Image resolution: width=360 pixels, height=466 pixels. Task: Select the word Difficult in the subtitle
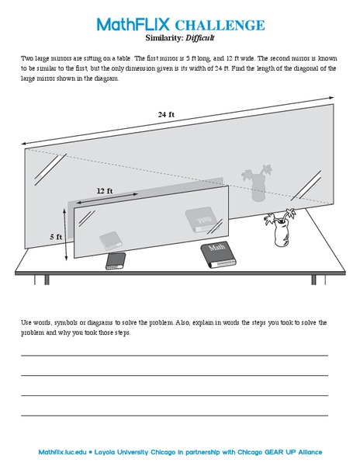tap(199, 37)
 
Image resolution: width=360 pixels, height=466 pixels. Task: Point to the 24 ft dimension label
tap(166, 115)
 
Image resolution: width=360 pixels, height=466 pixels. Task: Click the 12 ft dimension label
tap(105, 190)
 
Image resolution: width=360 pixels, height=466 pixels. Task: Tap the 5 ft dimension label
tap(56, 236)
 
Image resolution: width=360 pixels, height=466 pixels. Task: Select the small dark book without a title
tap(116, 260)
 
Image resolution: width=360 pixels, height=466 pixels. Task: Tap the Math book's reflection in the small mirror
tap(199, 220)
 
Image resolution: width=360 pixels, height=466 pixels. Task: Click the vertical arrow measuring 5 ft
tap(67, 232)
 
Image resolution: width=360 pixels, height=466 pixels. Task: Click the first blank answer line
tap(174, 355)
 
